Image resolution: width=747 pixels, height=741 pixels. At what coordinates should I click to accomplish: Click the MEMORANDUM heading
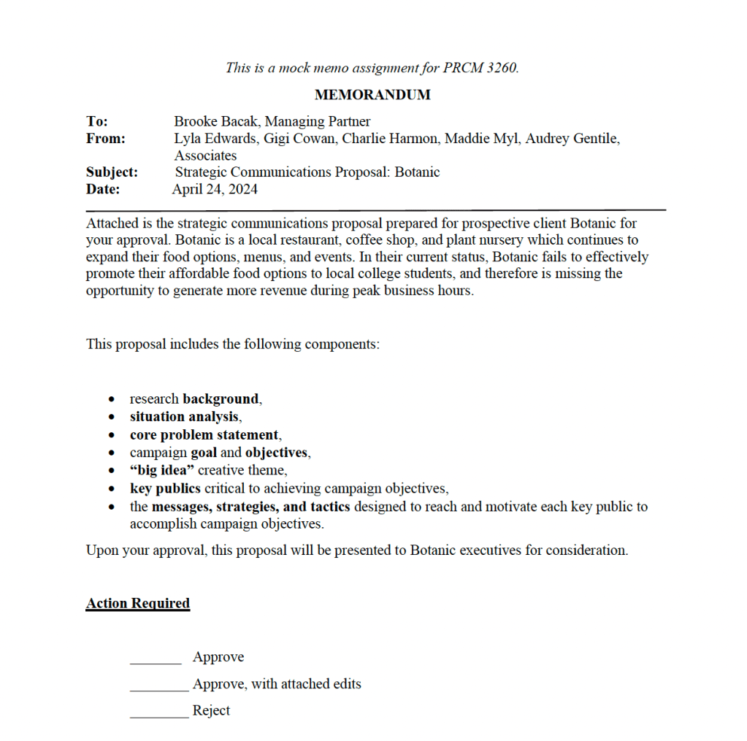(x=372, y=95)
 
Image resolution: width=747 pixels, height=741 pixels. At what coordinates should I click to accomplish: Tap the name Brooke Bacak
(x=216, y=122)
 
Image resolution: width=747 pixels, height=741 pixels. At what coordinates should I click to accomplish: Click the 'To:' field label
(x=96, y=122)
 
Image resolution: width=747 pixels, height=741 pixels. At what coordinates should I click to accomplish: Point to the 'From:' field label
(x=105, y=139)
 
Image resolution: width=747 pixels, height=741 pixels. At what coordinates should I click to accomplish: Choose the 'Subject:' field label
(x=112, y=172)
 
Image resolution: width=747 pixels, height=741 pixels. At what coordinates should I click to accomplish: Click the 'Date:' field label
(x=103, y=189)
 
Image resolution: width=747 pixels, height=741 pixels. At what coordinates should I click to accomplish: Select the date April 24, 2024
(x=215, y=189)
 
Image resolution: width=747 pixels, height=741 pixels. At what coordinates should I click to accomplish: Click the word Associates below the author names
(x=205, y=156)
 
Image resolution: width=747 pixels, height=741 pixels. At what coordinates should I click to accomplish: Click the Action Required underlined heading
(x=138, y=604)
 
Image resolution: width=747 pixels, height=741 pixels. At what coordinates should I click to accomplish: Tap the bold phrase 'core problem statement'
(x=204, y=435)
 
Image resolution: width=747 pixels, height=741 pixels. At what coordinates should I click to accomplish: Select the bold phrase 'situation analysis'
(x=184, y=417)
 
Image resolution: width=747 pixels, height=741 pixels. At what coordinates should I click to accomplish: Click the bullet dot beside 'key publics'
(x=111, y=489)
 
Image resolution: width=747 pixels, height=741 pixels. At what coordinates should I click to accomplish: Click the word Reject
(x=211, y=710)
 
